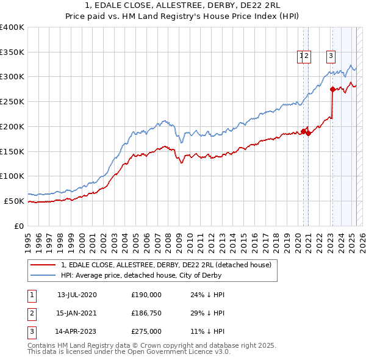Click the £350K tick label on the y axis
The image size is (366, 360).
coord(12,52)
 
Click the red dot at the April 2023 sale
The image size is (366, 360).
coord(332,89)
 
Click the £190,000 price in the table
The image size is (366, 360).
coord(146,295)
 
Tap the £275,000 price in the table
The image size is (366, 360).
coord(146,332)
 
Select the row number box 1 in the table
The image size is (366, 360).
coord(31,295)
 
